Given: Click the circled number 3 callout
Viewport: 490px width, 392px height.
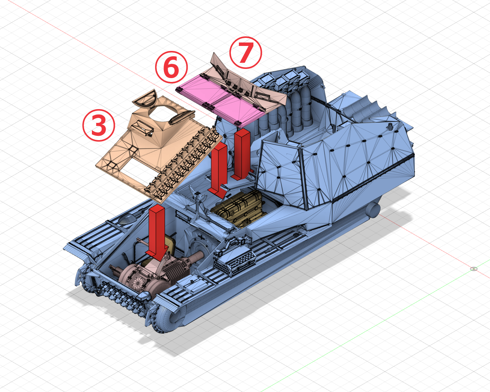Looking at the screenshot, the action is (x=99, y=125).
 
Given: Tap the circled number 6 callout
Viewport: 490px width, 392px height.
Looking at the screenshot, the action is (x=171, y=67).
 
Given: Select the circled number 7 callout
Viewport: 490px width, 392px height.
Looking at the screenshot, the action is (x=245, y=52).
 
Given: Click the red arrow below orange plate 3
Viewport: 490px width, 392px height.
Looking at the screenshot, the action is (x=157, y=232).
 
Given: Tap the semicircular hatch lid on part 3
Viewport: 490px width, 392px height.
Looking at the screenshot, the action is (x=145, y=98).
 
